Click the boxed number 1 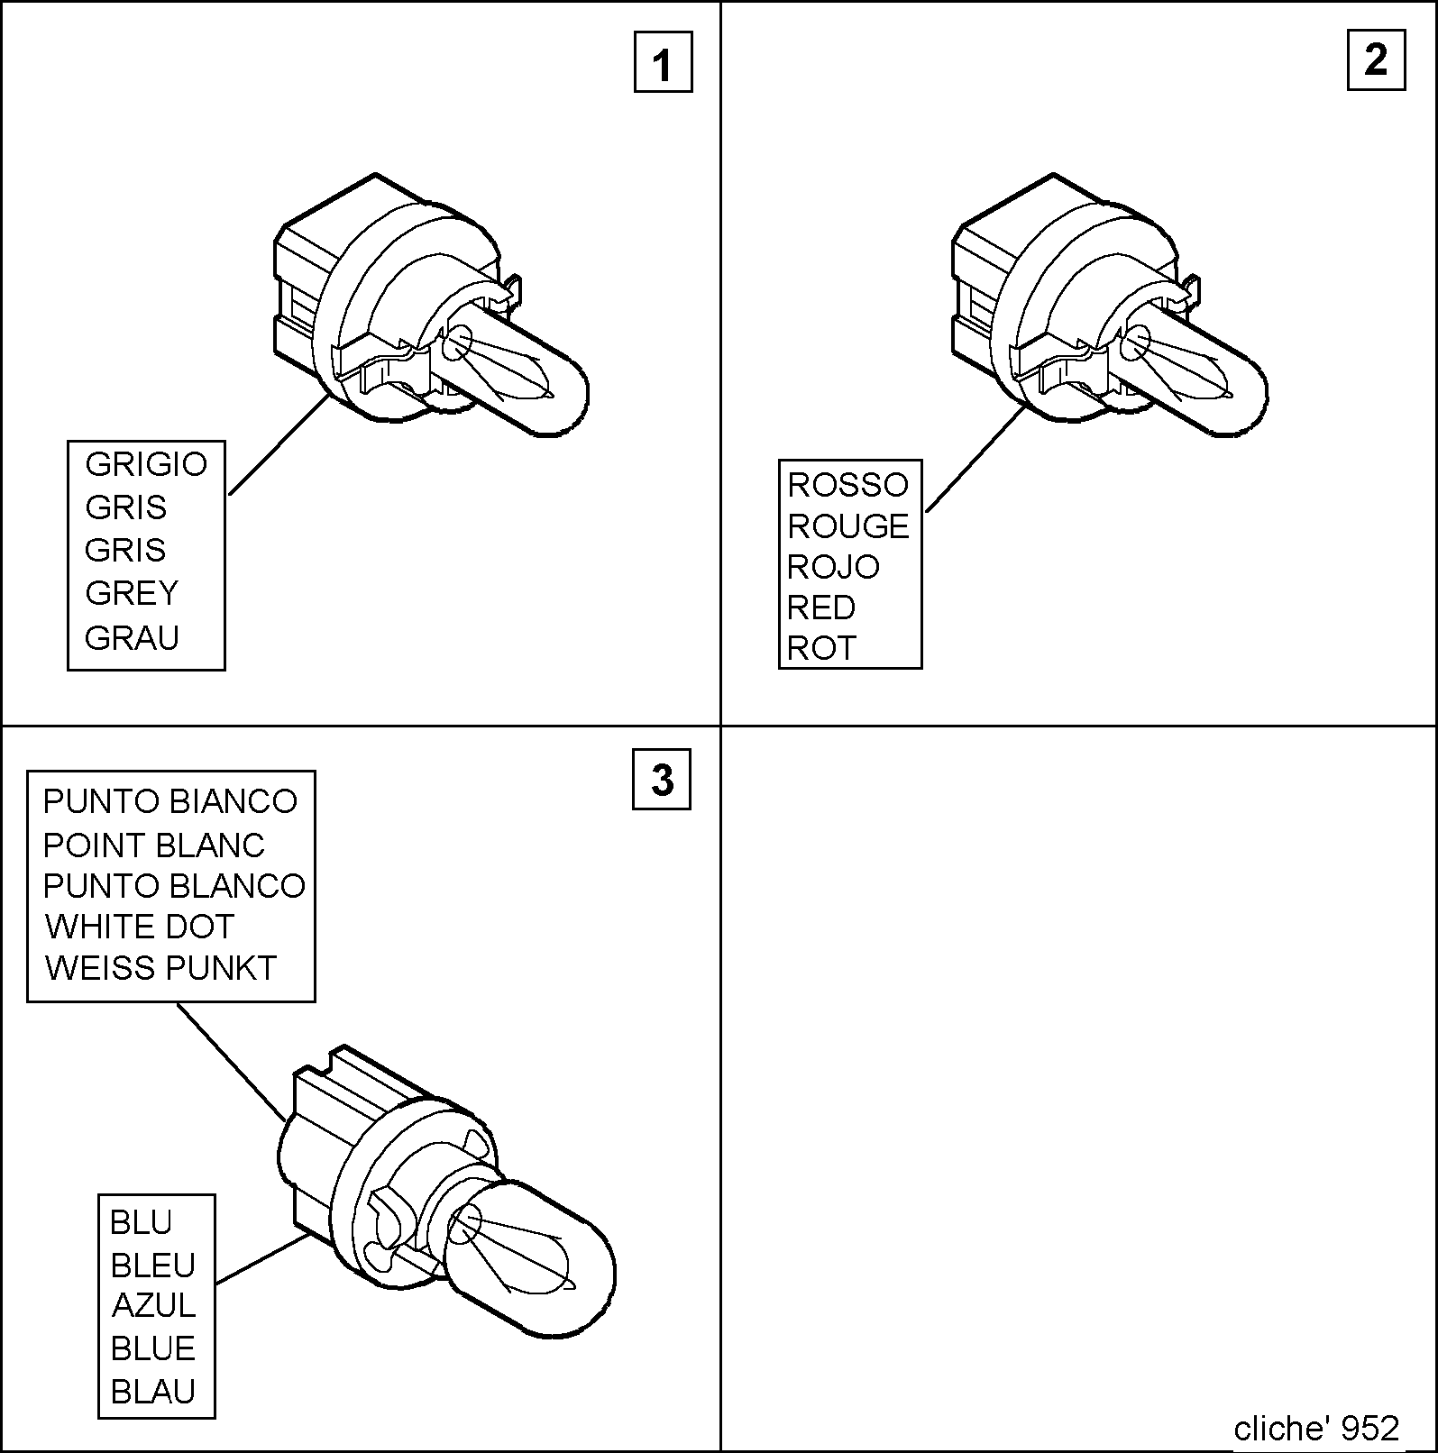(663, 62)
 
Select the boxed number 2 (1376, 60)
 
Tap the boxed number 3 (662, 779)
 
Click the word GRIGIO (146, 464)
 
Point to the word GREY (132, 593)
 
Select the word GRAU (132, 637)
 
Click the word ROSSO (847, 485)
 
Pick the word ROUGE (848, 526)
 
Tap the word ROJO (833, 567)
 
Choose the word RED (820, 608)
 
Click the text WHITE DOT (140, 927)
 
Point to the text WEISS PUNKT (160, 968)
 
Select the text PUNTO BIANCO (170, 801)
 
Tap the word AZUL (153, 1305)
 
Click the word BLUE (153, 1348)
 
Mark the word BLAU (153, 1392)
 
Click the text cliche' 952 (1316, 1428)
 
